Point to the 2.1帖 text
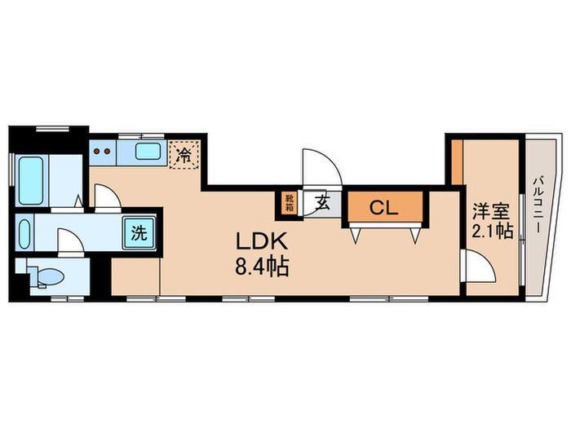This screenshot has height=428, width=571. tap(492, 231)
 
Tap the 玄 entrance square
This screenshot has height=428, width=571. tap(322, 204)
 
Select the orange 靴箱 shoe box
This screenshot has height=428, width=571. tap(290, 202)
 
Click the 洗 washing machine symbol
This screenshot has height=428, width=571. tap(139, 232)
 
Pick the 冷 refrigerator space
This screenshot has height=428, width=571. tap(185, 153)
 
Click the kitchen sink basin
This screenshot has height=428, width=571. tap(148, 151)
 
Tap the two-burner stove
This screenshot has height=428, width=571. tap(102, 151)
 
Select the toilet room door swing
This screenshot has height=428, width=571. tap(69, 241)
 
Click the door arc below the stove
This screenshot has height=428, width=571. tap(106, 196)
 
